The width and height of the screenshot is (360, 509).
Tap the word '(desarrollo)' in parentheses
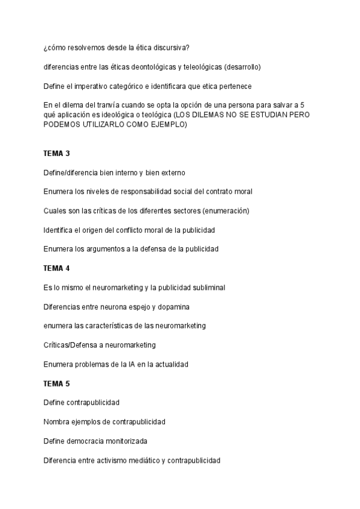coord(242,67)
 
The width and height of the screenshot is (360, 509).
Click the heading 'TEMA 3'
coord(57,154)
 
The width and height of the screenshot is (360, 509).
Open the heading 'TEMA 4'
coord(57,268)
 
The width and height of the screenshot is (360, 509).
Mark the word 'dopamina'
coord(173,307)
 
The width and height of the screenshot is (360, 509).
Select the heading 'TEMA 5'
coord(57,383)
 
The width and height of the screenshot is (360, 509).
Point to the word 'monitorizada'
coord(124,441)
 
